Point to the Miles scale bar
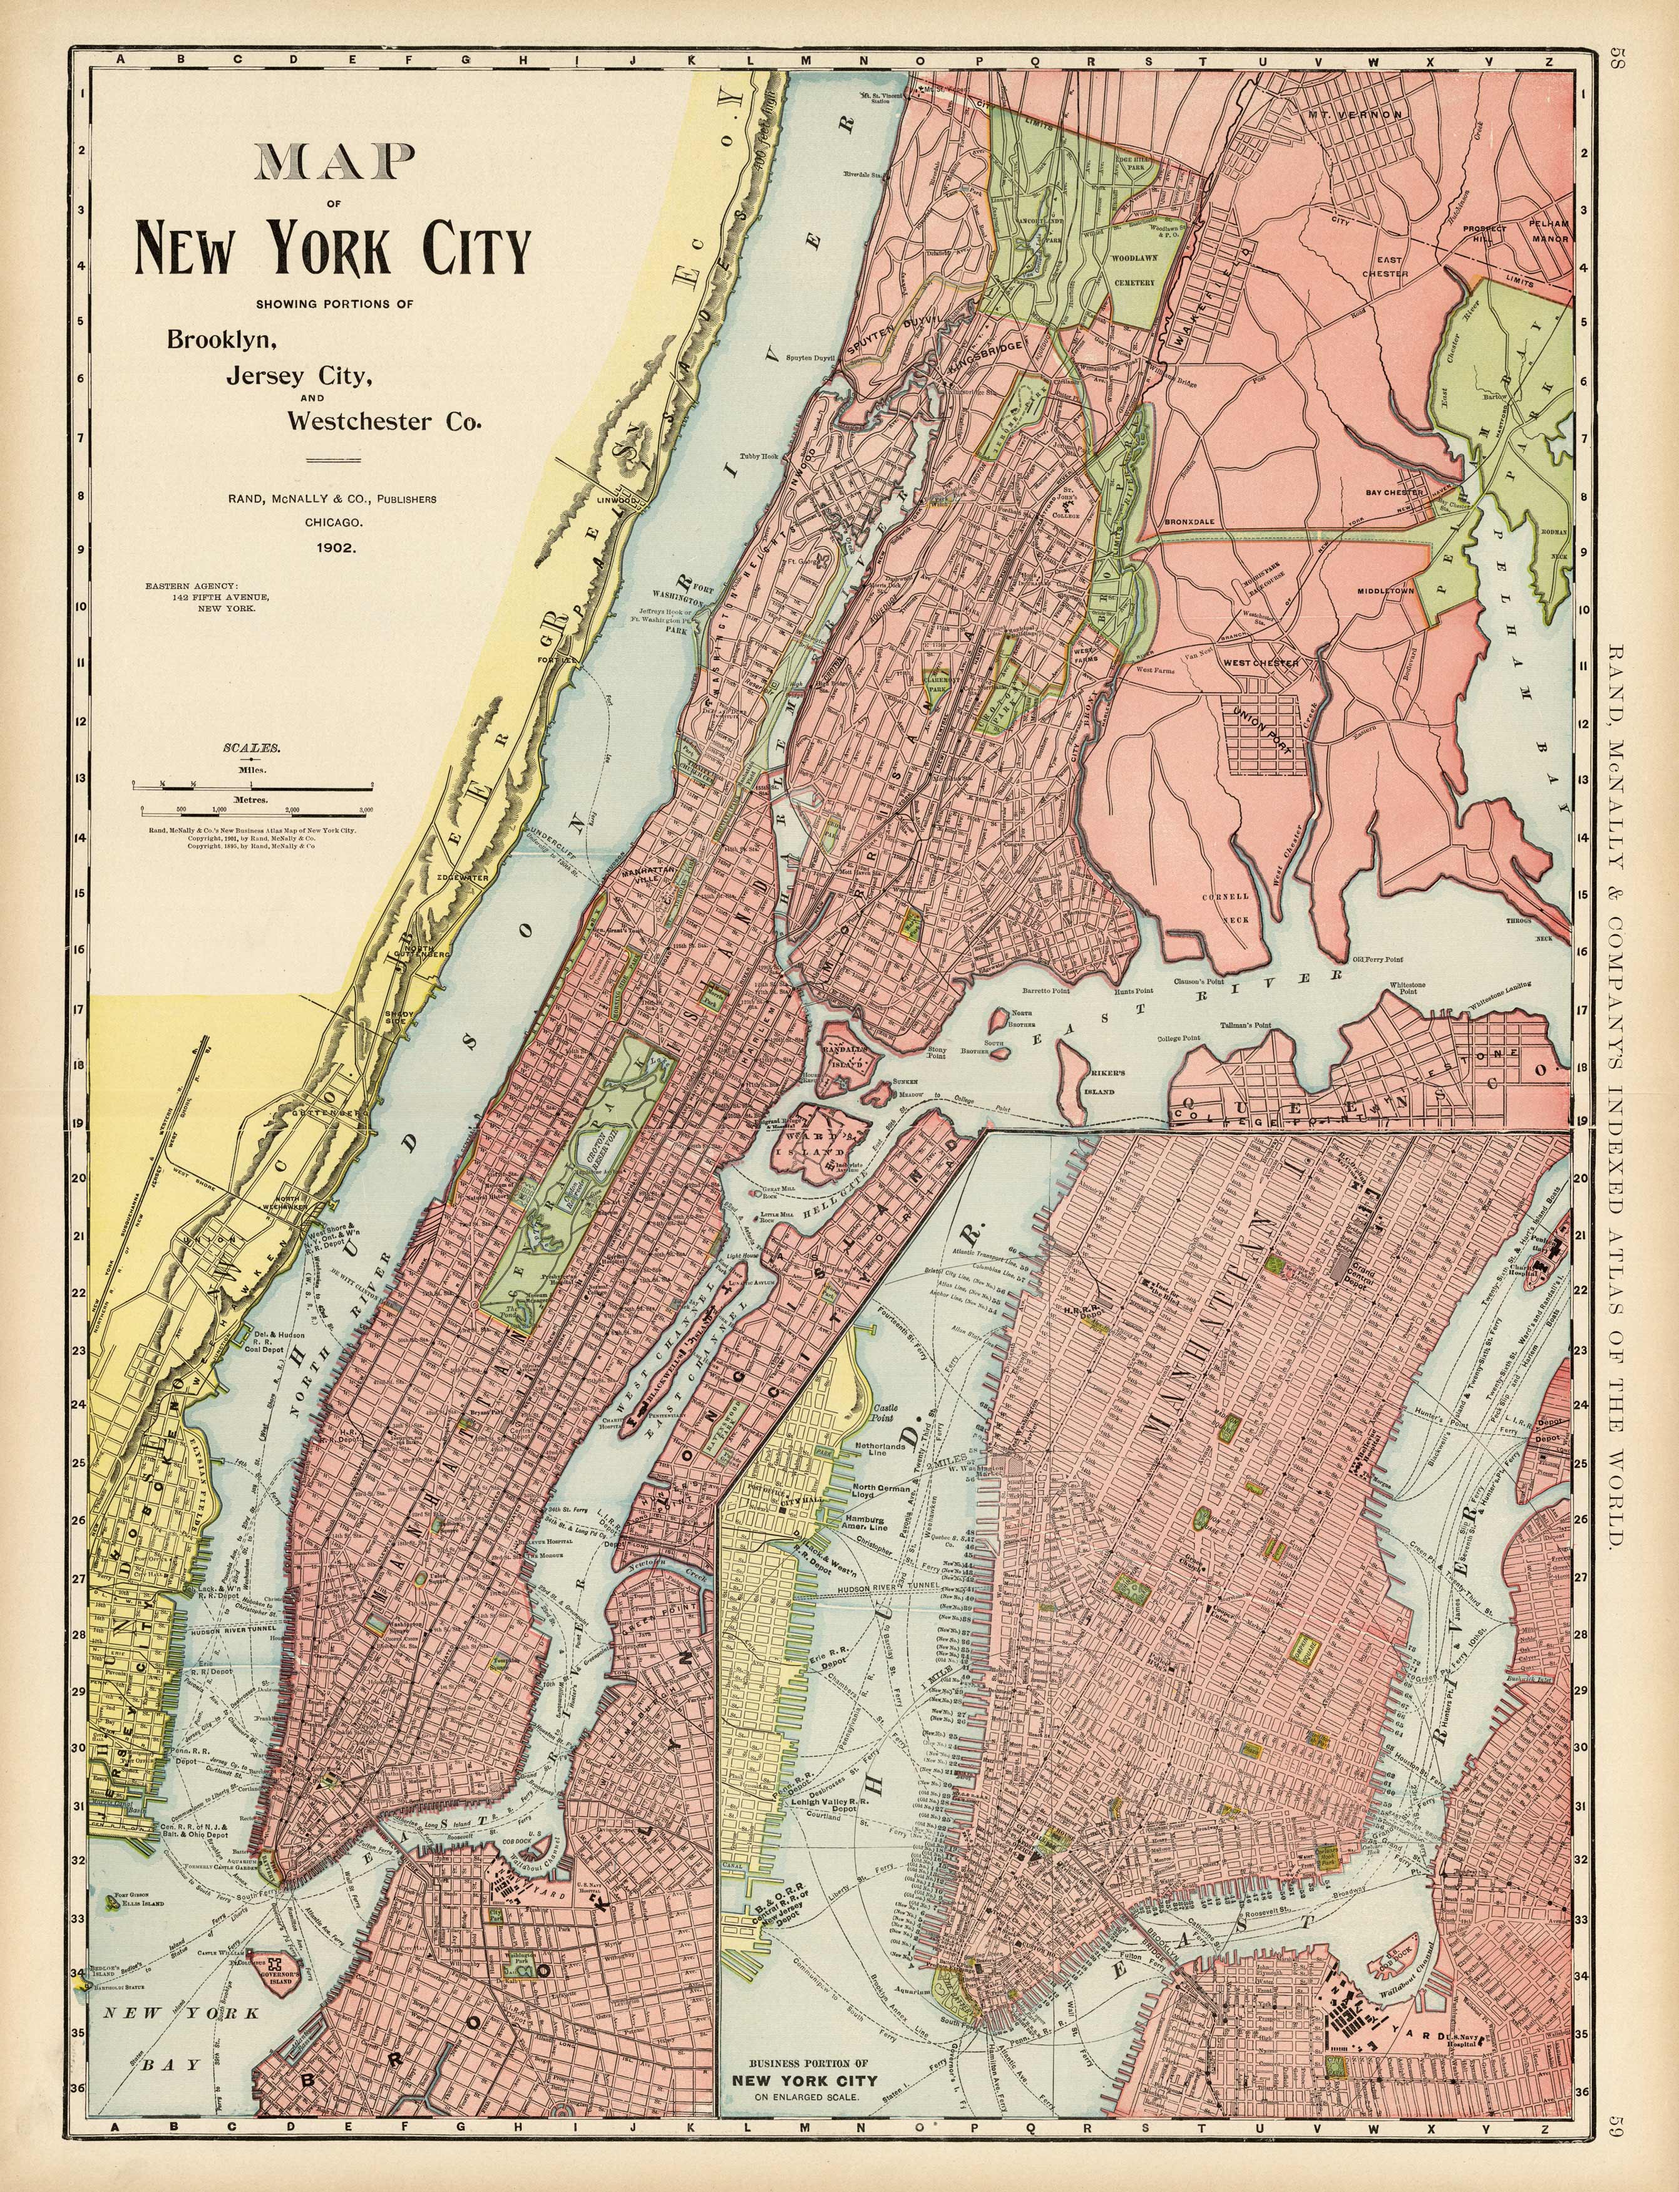click(x=255, y=788)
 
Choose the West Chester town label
click(x=1261, y=663)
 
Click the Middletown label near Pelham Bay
click(x=1386, y=591)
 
